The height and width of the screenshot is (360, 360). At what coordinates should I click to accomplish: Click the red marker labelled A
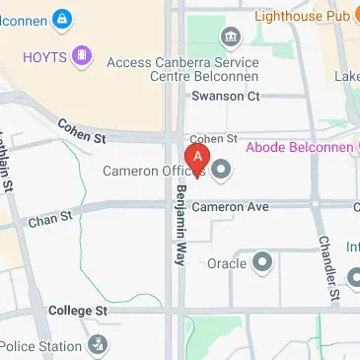[x=197, y=159]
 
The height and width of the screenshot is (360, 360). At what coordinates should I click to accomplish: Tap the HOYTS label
[x=44, y=56]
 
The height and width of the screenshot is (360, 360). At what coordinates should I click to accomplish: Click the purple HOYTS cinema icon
[x=82, y=56]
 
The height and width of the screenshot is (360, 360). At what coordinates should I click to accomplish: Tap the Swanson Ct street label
[x=225, y=96]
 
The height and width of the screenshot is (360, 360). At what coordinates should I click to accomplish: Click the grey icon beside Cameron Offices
[x=221, y=171]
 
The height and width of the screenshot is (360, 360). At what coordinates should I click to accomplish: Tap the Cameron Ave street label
[x=229, y=207]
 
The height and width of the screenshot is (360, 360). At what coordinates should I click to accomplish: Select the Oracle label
[x=227, y=263]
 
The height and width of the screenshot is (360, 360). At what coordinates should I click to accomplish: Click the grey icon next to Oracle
[x=262, y=262]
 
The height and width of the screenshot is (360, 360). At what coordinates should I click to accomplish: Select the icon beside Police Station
[x=98, y=345]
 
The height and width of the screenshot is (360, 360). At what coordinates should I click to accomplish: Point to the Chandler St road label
[x=327, y=268]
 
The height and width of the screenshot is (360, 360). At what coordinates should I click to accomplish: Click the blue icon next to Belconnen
[x=61, y=18]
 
